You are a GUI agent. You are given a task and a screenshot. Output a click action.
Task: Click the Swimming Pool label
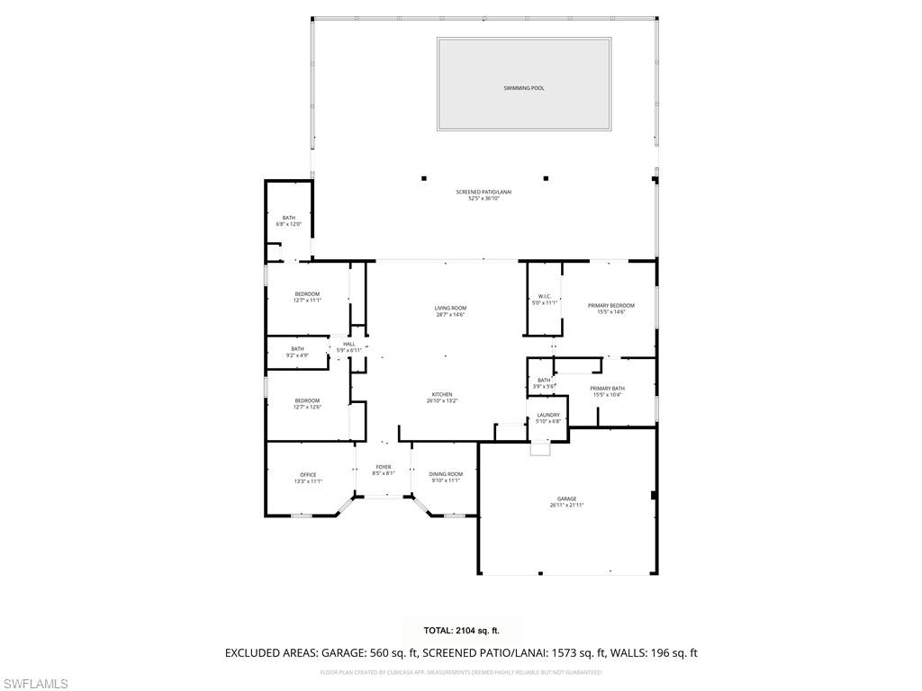tap(524, 88)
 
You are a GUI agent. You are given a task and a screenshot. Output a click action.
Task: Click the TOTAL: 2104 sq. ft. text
tap(461, 631)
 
